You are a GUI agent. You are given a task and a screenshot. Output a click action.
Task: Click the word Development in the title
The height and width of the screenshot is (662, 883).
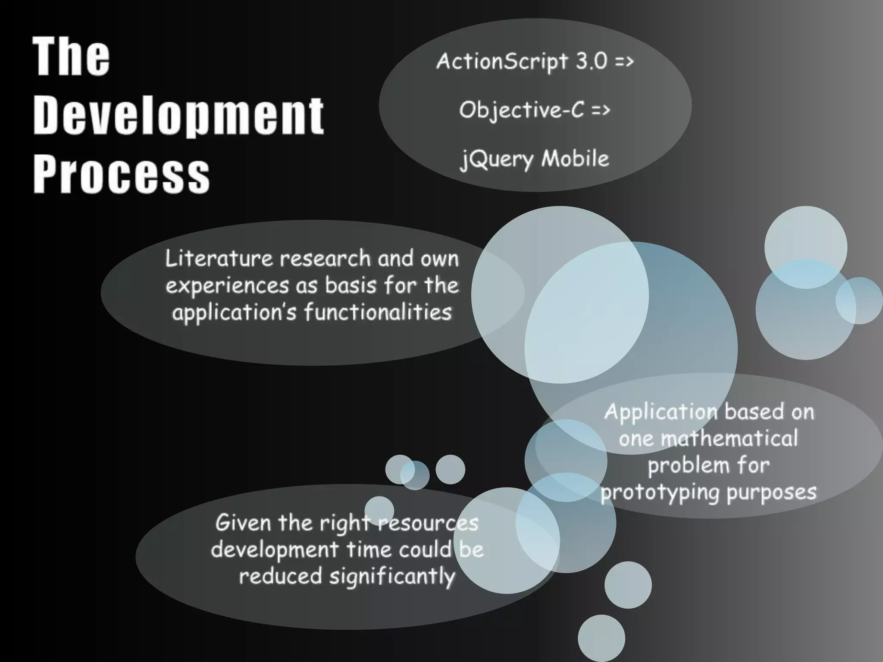[x=178, y=116]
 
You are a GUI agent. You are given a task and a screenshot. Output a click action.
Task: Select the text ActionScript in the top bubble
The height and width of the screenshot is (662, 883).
[x=502, y=62]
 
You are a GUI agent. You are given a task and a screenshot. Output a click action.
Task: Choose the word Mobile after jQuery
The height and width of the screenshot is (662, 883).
[x=575, y=158]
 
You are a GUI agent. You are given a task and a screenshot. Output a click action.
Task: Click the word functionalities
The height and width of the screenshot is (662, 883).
[x=378, y=312]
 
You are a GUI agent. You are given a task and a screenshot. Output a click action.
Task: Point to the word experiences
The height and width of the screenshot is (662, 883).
[x=227, y=286]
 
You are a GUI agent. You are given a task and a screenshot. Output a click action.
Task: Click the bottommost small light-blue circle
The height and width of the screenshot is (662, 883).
[x=601, y=638]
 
